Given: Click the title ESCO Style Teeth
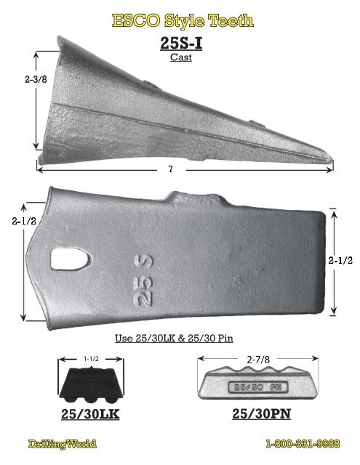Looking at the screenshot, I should (x=183, y=20).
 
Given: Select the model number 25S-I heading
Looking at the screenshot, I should (x=180, y=43).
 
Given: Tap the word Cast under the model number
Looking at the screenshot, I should (x=180, y=57).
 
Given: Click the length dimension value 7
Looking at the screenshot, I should (x=169, y=169).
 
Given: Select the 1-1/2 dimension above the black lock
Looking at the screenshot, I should (x=90, y=358).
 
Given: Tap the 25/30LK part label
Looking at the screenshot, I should (x=90, y=415).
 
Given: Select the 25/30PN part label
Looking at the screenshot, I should (x=260, y=415).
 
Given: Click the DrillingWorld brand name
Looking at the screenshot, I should (x=62, y=443).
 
